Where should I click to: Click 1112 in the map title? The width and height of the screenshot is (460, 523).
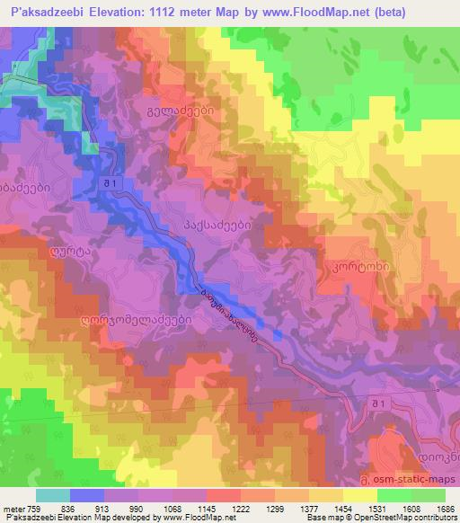click(167, 13)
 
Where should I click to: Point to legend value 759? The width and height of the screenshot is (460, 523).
click(31, 508)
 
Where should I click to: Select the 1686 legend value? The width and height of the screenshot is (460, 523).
click(447, 508)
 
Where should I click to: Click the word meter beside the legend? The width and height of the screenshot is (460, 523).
click(12, 508)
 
